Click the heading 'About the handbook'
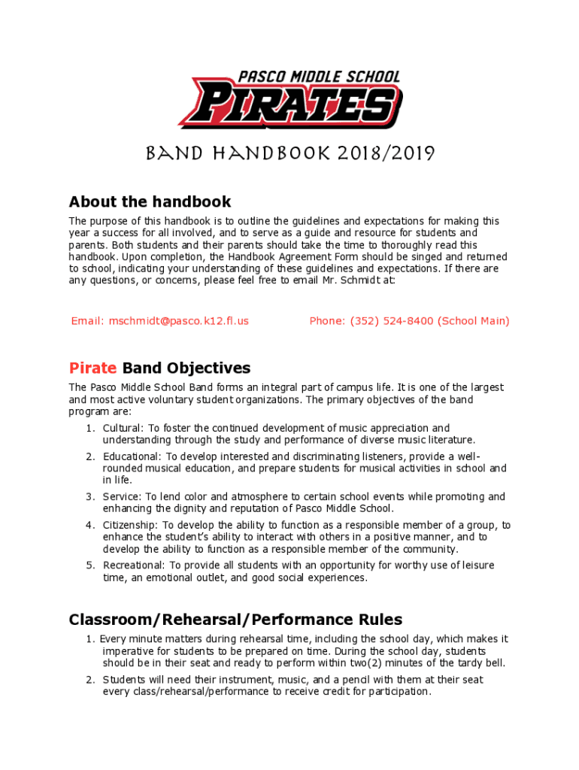pos(150,202)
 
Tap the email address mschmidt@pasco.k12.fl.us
pos(178,321)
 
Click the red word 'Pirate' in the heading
pos(92,368)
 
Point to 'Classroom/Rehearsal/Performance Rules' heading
pos(235,620)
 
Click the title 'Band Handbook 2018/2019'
pos(289,154)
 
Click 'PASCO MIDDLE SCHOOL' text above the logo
pos(319,77)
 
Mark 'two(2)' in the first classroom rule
pos(384,662)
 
